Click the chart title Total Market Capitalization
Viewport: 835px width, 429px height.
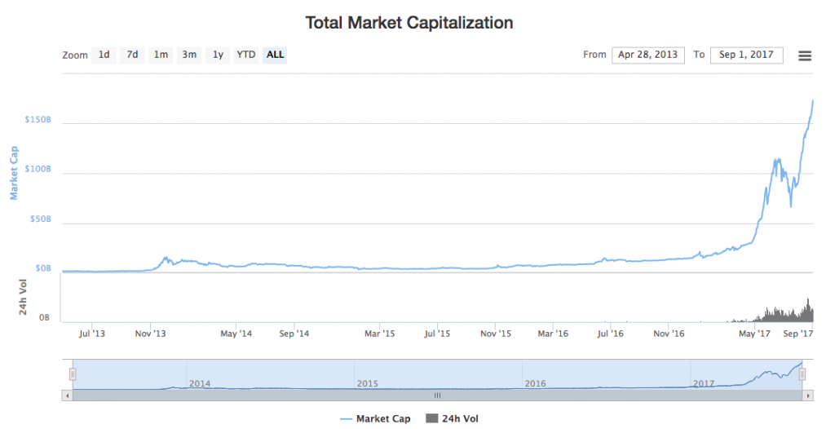pos(409,23)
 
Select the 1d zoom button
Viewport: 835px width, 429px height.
pos(104,55)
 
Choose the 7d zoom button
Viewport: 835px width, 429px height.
pos(132,55)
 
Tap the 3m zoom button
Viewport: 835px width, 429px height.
pos(189,55)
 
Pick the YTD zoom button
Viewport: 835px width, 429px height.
pos(245,55)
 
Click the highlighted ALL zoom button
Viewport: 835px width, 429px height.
pos(276,55)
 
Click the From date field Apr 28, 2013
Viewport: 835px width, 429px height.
pos(647,55)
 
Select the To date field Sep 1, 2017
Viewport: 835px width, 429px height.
pos(746,55)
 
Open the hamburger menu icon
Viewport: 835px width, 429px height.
pos(805,55)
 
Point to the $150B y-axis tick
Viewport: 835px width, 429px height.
pos(38,120)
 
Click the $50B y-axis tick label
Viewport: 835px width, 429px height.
pos(40,219)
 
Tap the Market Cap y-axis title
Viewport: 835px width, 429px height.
pos(14,173)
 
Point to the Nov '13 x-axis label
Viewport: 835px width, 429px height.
pos(150,334)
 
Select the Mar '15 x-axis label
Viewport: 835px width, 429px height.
pos(379,334)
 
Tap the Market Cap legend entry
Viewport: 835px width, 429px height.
pos(375,418)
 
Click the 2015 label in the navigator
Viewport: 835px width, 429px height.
pos(367,383)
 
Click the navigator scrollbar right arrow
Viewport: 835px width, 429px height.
pos(808,395)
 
